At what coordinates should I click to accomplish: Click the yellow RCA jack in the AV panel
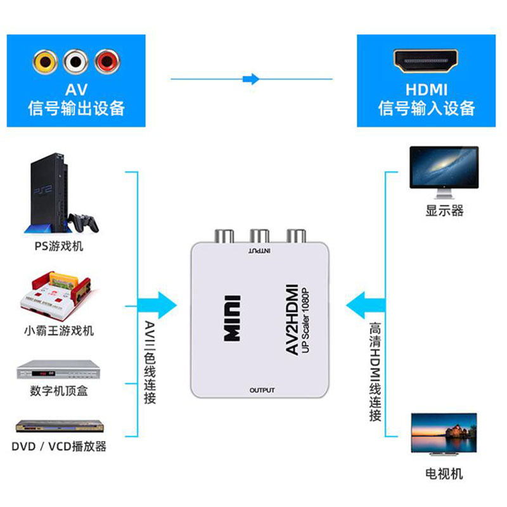pos(45,61)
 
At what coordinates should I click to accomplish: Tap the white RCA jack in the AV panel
pos(76,61)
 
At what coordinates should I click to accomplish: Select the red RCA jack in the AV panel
pos(107,61)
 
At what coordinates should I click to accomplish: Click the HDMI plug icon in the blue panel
pos(427,61)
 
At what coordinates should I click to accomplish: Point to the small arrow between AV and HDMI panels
pos(252,79)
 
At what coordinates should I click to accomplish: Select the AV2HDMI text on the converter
pos(289,319)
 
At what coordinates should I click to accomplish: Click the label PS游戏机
pos(58,246)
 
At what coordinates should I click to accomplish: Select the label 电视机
pos(444,473)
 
